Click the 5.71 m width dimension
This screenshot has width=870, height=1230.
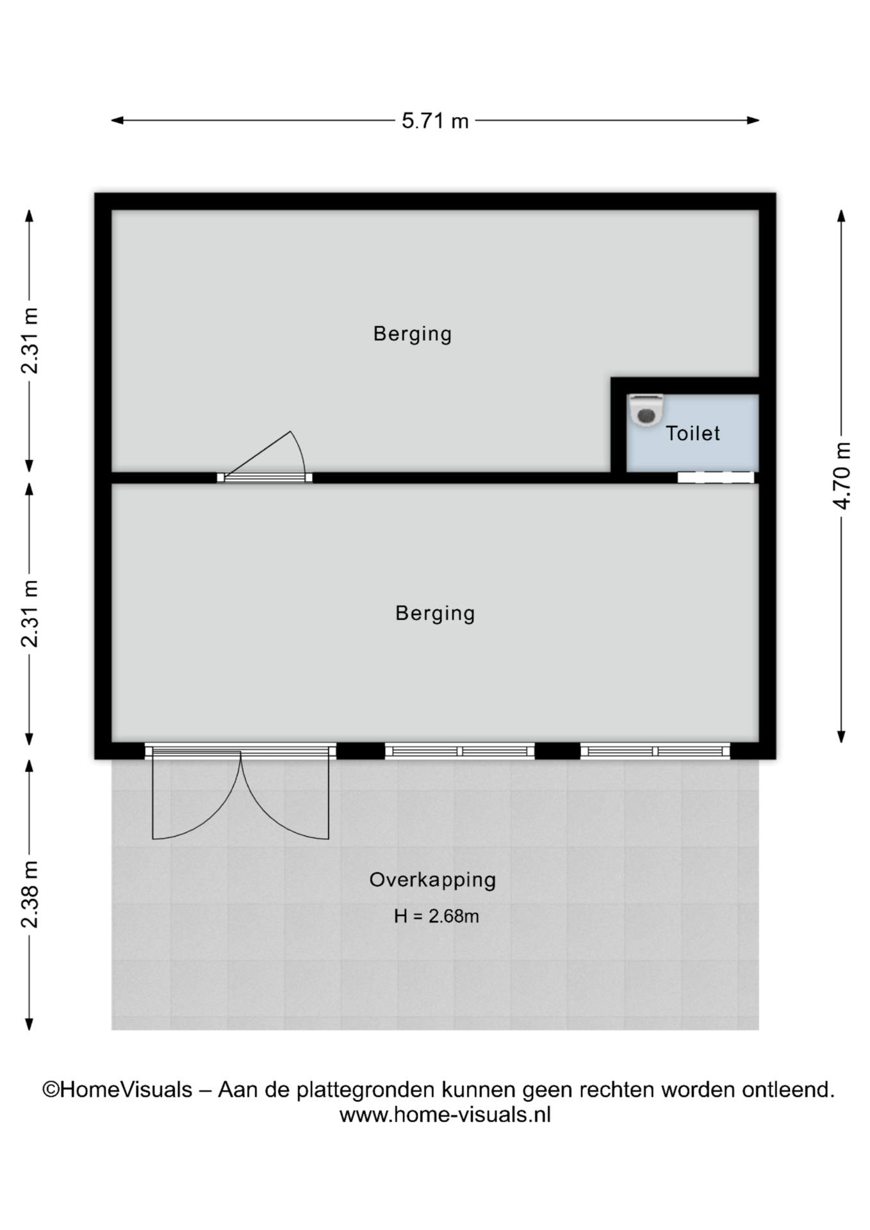(x=435, y=120)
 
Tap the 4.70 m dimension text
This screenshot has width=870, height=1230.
(x=842, y=476)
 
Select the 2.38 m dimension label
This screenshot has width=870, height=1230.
(x=29, y=894)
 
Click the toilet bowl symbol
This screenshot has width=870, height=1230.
(x=646, y=410)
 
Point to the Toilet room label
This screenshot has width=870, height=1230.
(x=693, y=434)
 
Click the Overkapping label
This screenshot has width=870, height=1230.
(x=432, y=880)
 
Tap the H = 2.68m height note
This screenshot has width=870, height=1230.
(x=436, y=916)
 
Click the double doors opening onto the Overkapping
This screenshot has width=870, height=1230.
(x=240, y=792)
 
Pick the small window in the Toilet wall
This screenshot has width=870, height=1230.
(x=716, y=477)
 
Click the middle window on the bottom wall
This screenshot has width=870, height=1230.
(x=460, y=751)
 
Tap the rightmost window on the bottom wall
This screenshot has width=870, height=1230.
(x=655, y=751)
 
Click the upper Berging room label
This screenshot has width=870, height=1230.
(x=413, y=334)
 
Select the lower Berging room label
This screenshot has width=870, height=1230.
(x=435, y=614)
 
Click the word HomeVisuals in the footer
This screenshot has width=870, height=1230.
(x=126, y=1090)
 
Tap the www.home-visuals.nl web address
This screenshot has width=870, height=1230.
(x=445, y=1115)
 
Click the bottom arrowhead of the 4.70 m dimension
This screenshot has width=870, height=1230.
(x=842, y=737)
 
